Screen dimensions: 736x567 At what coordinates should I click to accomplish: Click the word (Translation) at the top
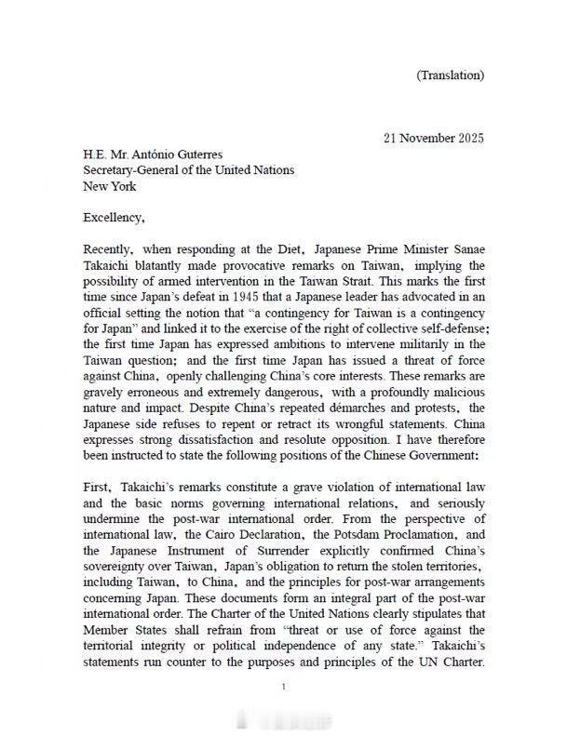tap(450, 74)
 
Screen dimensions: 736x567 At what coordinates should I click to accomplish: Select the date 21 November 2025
tap(434, 138)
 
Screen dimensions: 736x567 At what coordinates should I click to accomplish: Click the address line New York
tap(109, 186)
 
